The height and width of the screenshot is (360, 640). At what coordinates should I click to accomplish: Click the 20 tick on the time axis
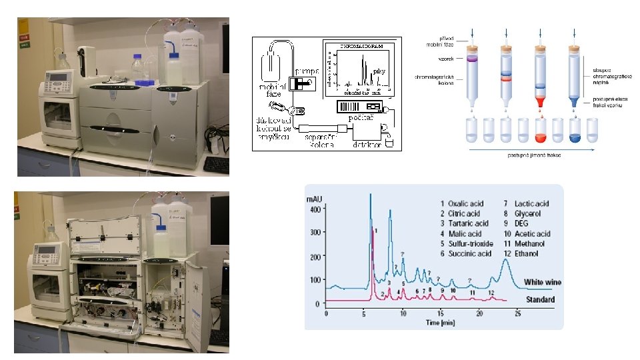click(x=479, y=312)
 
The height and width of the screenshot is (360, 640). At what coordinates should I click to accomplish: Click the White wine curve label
click(x=542, y=282)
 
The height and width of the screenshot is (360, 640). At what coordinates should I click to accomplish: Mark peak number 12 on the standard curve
click(x=491, y=293)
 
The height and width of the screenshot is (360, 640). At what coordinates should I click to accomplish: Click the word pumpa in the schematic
click(x=308, y=71)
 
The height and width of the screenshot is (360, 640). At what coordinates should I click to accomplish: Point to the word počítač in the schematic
click(x=361, y=117)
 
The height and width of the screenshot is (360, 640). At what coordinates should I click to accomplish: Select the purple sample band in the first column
click(x=473, y=61)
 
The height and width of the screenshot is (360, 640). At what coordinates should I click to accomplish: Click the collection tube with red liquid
click(x=541, y=133)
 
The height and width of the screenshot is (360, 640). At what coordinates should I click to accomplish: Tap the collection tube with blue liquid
click(x=575, y=133)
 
